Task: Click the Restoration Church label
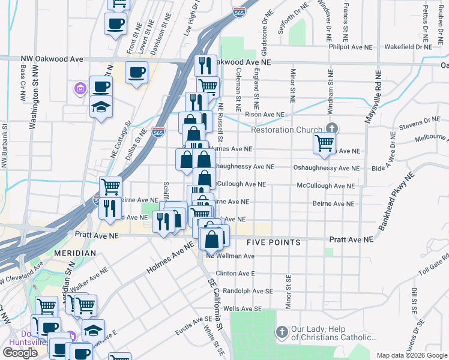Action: (x=286, y=130)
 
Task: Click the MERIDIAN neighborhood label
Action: (x=75, y=253)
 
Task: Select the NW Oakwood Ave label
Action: (x=52, y=59)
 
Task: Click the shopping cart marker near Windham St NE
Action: (x=324, y=143)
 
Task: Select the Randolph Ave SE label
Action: (x=248, y=290)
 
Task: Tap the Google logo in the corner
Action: (x=20, y=353)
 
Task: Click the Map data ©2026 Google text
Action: (x=411, y=355)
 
